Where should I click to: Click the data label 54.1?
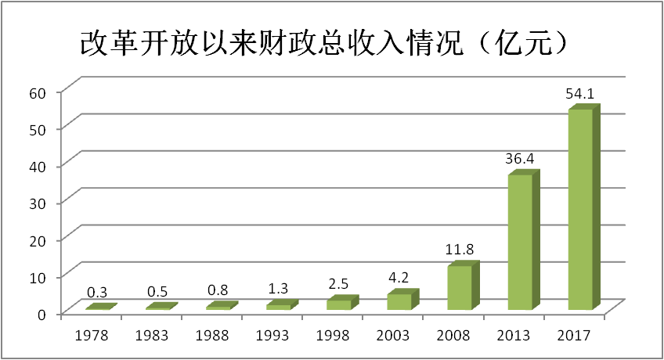(x=580, y=94)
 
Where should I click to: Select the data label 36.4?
(x=520, y=159)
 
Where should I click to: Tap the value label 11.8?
(x=460, y=250)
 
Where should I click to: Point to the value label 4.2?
(x=399, y=279)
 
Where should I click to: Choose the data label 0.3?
(x=98, y=293)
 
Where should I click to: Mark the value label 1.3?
(x=279, y=289)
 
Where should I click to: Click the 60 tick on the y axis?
(x=40, y=92)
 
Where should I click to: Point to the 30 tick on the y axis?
(x=40, y=203)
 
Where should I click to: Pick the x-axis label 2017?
(x=574, y=336)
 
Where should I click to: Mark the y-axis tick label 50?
(x=40, y=128)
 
